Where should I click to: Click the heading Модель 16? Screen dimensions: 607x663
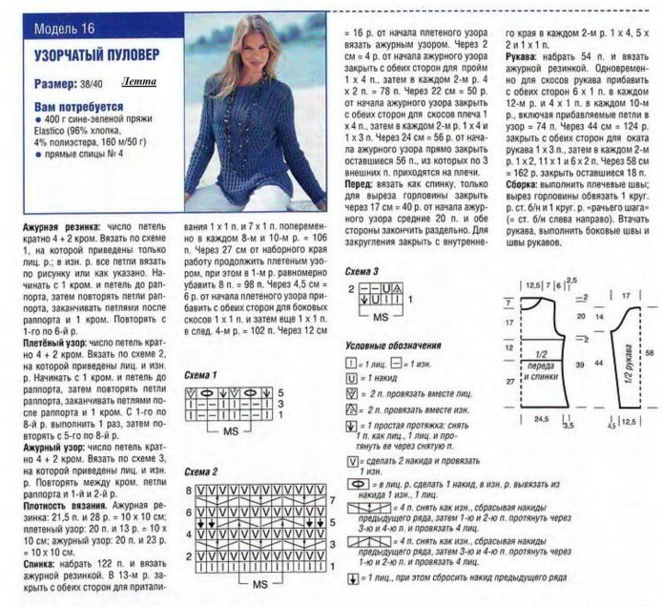click(x=49, y=16)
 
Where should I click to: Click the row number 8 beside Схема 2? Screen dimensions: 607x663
click(x=190, y=489)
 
